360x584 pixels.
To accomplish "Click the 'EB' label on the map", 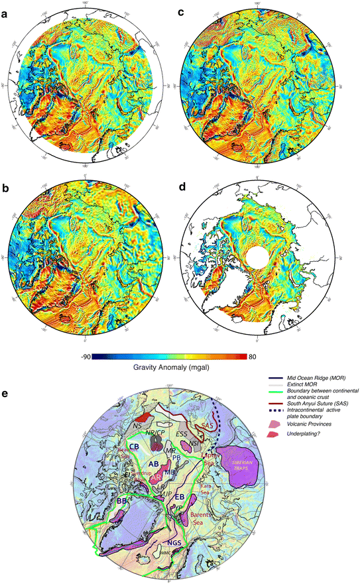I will (179, 496).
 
